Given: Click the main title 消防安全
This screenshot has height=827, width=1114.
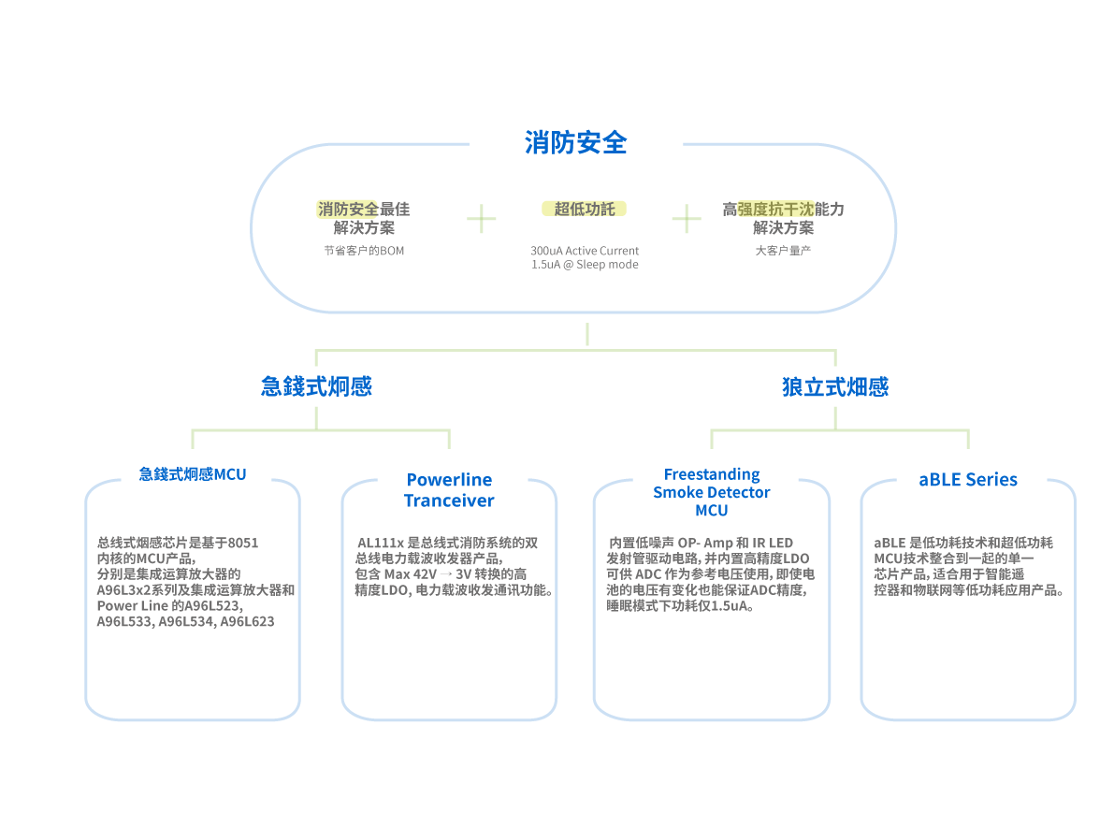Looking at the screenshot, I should (575, 143).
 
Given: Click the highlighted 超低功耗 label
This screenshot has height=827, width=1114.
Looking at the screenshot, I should (584, 209).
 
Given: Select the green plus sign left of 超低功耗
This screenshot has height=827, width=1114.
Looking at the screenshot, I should (482, 220).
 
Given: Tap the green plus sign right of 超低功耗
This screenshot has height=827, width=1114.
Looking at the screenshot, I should (687, 220).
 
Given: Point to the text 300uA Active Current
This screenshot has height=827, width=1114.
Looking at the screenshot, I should (585, 251).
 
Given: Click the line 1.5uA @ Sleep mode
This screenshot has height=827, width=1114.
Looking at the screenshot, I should (585, 265).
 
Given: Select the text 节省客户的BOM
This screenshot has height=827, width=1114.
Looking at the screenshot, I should (364, 251).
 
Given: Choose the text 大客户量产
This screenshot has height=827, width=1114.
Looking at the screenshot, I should (783, 251).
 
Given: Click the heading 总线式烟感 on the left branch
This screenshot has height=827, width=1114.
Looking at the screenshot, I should (316, 386).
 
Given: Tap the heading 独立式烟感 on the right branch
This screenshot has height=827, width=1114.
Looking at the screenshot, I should (835, 386).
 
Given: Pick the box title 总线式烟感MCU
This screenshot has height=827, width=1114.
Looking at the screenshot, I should (193, 474).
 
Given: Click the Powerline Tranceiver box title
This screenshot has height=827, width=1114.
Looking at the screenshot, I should (449, 490).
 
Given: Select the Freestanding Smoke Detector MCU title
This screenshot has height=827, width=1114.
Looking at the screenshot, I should (712, 492).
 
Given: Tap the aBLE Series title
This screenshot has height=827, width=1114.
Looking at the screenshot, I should (968, 480).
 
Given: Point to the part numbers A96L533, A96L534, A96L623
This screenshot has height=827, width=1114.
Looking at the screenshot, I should (185, 621).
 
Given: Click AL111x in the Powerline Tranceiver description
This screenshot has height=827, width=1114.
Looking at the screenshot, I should (375, 543).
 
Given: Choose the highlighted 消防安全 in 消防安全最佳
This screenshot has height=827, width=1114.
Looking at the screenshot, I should (347, 209).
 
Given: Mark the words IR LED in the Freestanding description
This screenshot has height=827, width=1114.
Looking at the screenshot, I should (773, 543).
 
